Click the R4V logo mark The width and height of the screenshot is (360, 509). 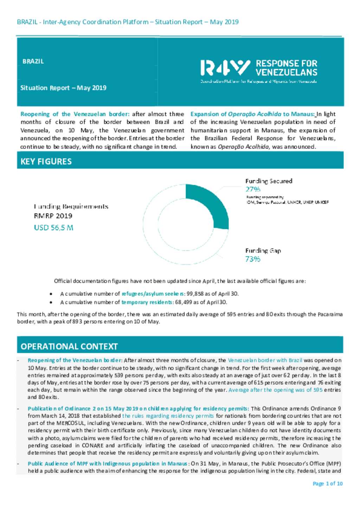(x=225, y=68)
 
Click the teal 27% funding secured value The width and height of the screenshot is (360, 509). (x=253, y=189)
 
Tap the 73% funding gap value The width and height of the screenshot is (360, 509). (x=253, y=259)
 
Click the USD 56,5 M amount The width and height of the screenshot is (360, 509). (x=53, y=228)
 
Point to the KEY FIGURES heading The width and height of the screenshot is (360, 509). (x=46, y=162)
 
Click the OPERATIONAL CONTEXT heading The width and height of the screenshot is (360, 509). (x=69, y=347)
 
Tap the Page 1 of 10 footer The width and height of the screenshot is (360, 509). (x=327, y=484)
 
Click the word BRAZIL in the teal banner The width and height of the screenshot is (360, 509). (x=33, y=61)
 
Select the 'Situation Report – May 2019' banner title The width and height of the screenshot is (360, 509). (x=63, y=88)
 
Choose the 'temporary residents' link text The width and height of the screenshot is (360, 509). (x=147, y=302)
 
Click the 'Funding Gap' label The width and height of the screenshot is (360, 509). (x=263, y=251)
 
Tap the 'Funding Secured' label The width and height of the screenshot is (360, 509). (x=269, y=181)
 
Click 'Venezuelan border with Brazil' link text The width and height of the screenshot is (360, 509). (x=265, y=360)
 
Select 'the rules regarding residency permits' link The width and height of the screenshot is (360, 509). (x=168, y=416)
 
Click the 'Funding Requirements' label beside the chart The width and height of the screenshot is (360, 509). (x=71, y=207)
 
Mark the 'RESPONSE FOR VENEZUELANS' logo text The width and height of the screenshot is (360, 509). (x=286, y=68)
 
